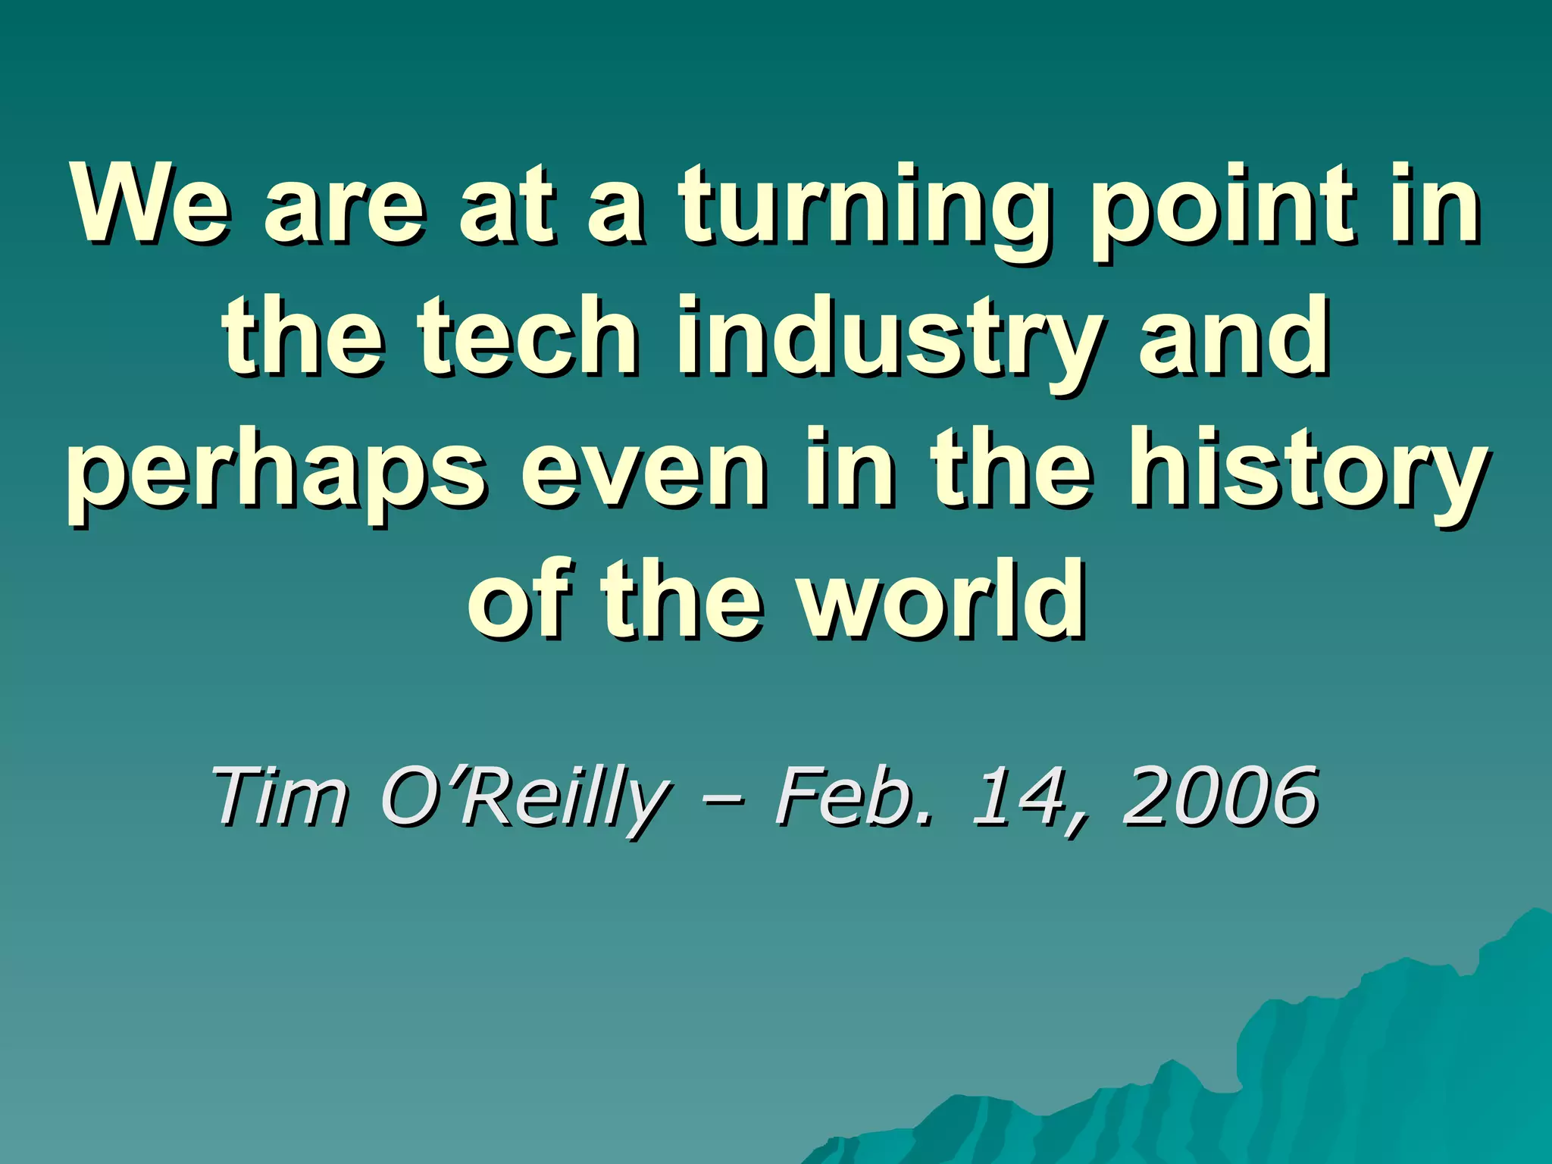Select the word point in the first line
coord(1221,208)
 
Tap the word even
coord(643,470)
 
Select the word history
coord(1307,470)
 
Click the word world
coord(943,599)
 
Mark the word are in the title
coord(345,208)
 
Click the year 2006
coord(1220,796)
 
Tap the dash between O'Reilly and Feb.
coord(723,799)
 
